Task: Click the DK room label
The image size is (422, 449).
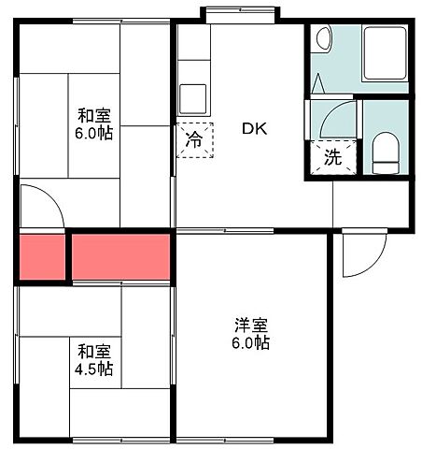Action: point(255,129)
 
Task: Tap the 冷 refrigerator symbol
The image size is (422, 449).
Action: point(194,141)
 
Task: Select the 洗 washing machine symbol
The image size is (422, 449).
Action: point(333,158)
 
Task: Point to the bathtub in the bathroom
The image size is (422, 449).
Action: point(384,57)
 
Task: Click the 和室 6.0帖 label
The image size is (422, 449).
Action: point(94,124)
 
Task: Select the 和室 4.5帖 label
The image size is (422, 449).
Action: point(94,360)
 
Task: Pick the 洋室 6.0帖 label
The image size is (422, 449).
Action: point(252,334)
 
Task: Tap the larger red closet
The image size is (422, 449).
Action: point(120,256)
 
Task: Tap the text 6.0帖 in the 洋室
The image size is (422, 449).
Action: point(252,343)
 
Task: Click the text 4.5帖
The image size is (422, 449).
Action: point(94,369)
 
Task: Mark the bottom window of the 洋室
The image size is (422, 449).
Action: point(251,440)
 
